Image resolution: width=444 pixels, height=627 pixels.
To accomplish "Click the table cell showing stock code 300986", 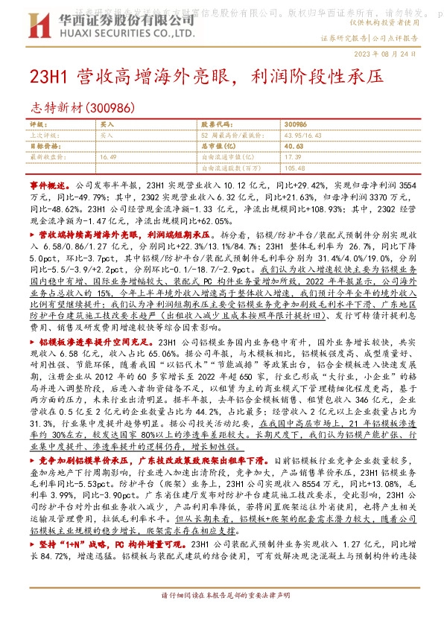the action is pyautogui.click(x=296, y=124).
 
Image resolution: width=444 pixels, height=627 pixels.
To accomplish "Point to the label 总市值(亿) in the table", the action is pyautogui.click(x=215, y=147).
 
